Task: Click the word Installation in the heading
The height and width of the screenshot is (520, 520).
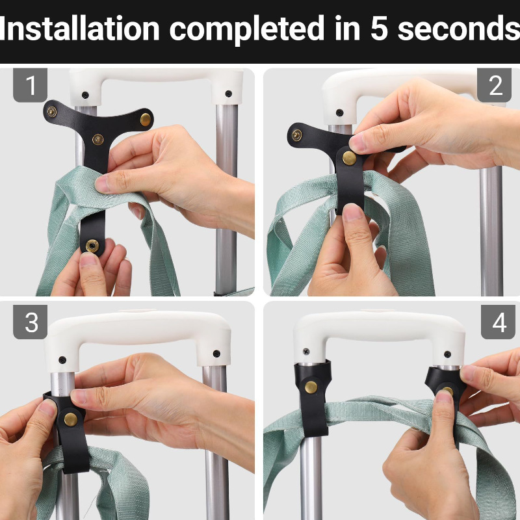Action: click(x=79, y=29)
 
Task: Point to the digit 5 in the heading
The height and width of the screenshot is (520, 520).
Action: click(x=379, y=29)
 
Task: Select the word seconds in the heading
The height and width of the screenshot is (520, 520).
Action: click(x=459, y=29)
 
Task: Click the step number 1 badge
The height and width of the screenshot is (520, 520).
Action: click(x=30, y=85)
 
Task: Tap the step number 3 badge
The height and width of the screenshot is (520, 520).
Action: click(x=30, y=322)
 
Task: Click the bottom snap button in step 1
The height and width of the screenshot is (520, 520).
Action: click(x=92, y=246)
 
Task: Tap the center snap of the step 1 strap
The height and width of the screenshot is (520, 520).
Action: click(x=98, y=139)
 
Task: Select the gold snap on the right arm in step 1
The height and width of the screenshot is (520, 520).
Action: click(x=146, y=120)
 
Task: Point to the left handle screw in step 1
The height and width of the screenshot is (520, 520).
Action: click(x=85, y=95)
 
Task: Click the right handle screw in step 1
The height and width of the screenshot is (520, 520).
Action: click(x=229, y=94)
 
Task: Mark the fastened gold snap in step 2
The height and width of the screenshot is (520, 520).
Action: click(x=350, y=158)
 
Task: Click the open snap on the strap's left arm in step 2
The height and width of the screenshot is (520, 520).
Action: click(x=296, y=135)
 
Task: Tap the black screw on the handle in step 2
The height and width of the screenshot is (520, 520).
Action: click(x=339, y=112)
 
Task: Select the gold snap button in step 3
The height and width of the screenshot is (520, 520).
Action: click(x=71, y=419)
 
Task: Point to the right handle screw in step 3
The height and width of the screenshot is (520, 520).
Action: click(x=216, y=354)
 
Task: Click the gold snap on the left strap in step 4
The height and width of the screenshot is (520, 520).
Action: click(x=311, y=387)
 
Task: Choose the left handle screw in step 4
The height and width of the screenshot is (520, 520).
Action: click(x=306, y=351)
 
